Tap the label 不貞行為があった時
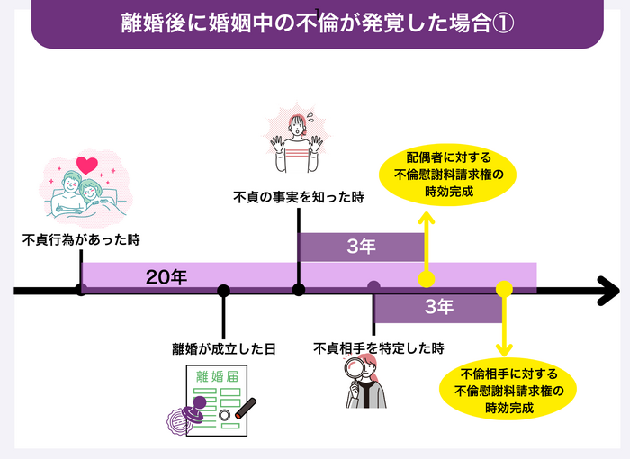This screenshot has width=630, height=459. point(82,240)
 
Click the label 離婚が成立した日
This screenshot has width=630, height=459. point(224,347)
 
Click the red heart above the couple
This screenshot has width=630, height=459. point(87,165)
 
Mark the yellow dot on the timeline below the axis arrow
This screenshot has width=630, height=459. point(505,290)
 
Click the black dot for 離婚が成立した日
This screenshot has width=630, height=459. point(224,291)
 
